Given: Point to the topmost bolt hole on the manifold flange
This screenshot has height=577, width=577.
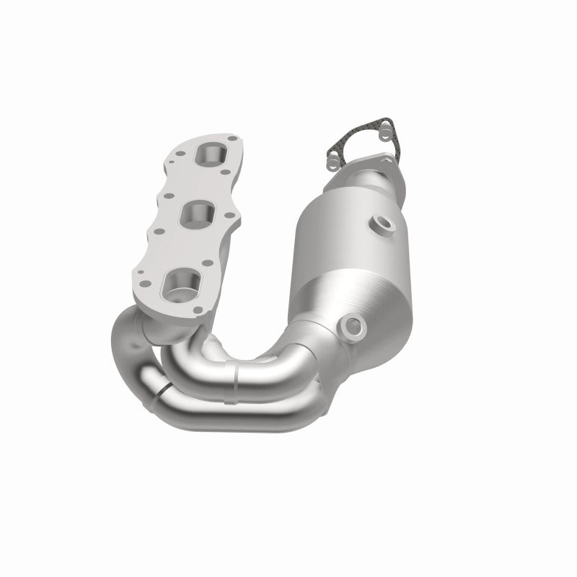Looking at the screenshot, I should (x=232, y=136).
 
